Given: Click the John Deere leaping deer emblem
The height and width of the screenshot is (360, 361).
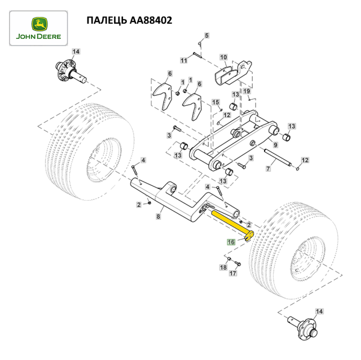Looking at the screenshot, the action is point(39,24).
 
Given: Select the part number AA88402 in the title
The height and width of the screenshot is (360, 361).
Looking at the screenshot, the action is point(151,20).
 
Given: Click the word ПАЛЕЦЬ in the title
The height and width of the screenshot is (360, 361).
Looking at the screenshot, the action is point(107,21).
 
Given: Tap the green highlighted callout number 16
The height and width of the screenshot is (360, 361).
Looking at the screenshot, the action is point(231,242).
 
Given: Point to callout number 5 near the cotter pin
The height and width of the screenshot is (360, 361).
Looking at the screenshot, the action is point(206,35).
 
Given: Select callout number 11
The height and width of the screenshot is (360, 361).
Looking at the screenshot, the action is point(183,60).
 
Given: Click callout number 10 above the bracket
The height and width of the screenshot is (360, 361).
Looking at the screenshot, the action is point(223,57).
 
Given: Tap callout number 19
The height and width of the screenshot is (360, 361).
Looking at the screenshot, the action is point(246,91).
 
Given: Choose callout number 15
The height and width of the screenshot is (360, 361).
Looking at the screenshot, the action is point(215,102).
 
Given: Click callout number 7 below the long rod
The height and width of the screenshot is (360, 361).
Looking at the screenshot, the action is point(268,169).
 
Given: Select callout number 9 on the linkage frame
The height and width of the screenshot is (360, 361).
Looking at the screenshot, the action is point(275,145).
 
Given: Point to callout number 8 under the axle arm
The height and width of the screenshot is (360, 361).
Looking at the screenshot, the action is point(158,216).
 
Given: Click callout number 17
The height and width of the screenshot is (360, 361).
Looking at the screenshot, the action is point(233,273).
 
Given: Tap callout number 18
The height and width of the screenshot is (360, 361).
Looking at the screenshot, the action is point(223,268).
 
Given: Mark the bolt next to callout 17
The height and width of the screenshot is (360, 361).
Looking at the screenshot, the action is point(237,264).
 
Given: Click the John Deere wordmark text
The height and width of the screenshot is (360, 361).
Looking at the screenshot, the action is point(38,37).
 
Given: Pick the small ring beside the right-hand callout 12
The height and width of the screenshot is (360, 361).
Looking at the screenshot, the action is point(298,169).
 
